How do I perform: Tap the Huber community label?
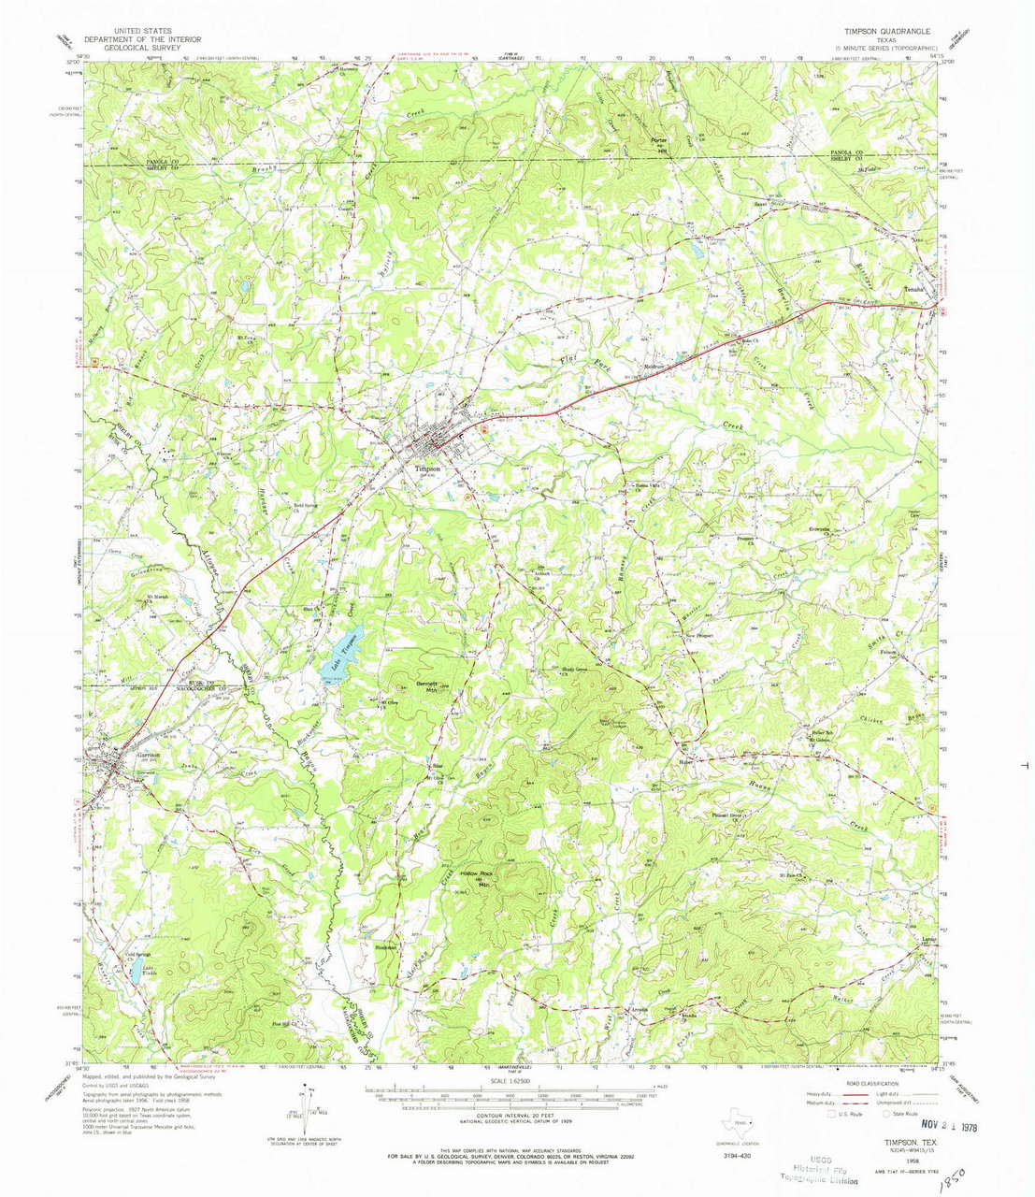tap(683, 761)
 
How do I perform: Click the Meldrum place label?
tap(654, 366)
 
